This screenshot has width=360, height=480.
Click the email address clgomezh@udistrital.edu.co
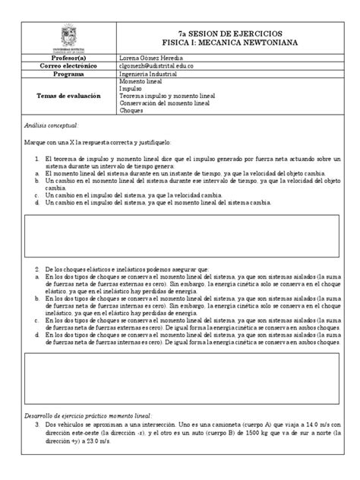(x=162, y=67)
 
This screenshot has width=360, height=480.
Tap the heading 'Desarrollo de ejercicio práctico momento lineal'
(x=88, y=416)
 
